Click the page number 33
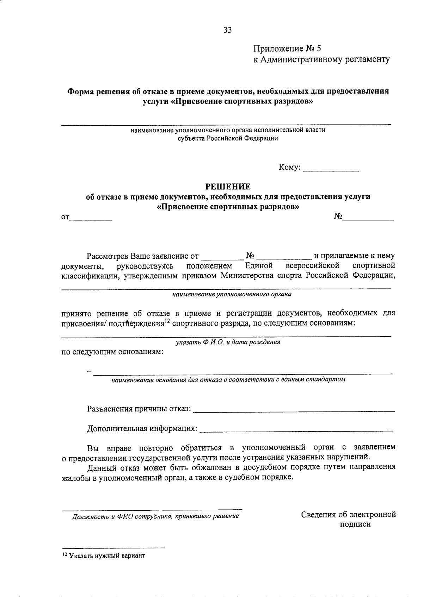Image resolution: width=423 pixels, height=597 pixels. [x=227, y=30]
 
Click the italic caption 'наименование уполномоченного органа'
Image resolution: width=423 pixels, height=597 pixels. [x=232, y=294]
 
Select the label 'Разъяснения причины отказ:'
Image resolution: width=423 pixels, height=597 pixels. [x=139, y=409]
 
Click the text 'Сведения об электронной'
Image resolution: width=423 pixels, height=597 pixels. [x=348, y=515]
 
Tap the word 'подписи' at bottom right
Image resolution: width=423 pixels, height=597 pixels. [x=355, y=524]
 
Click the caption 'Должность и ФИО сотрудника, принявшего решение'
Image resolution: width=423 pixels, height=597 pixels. [x=155, y=516]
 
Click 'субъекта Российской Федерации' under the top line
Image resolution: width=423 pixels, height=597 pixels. [x=228, y=138]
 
